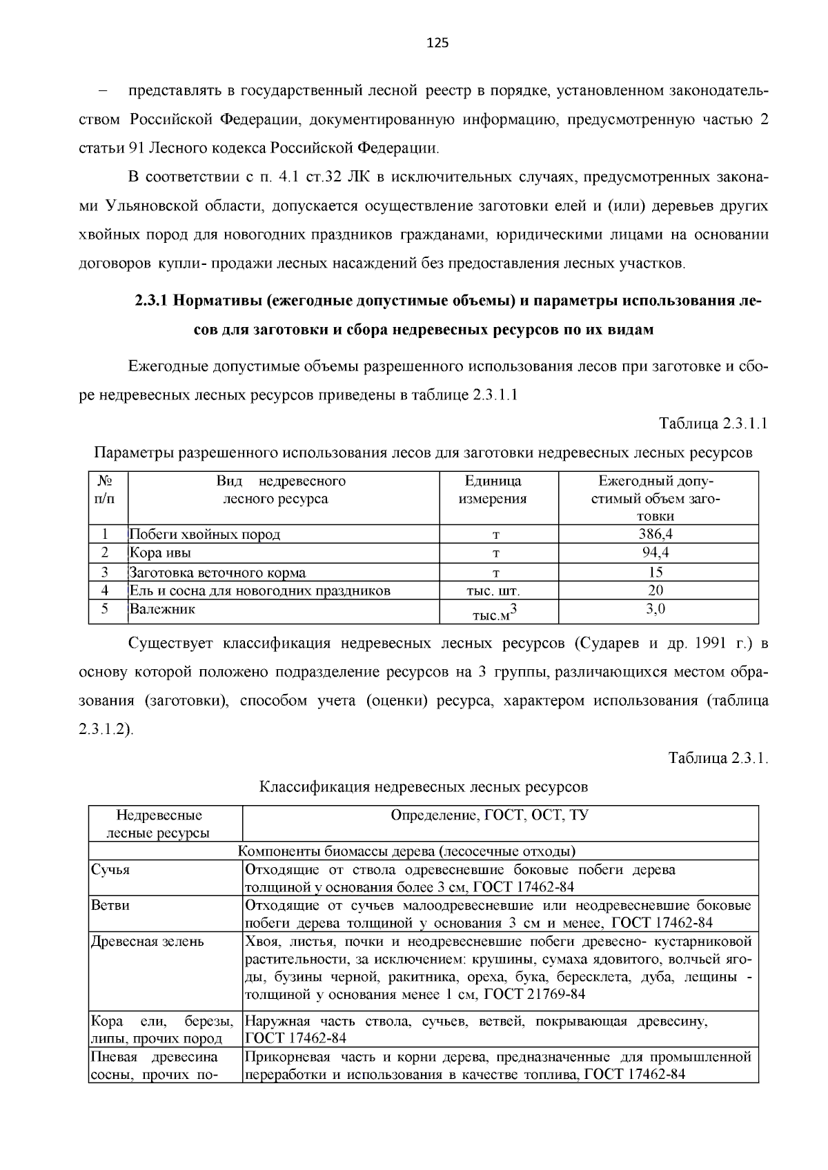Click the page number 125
tap(437, 43)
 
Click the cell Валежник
tap(162, 609)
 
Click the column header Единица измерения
tap(493, 490)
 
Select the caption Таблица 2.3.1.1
tap(713, 423)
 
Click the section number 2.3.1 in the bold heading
tap(152, 301)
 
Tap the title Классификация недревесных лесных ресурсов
tap(423, 786)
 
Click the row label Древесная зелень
tap(148, 942)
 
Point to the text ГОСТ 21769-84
tap(534, 994)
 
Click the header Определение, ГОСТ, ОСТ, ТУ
tap(489, 815)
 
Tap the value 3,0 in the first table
tap(655, 609)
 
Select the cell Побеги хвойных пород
tap(205, 534)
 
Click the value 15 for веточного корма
tap(655, 572)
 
